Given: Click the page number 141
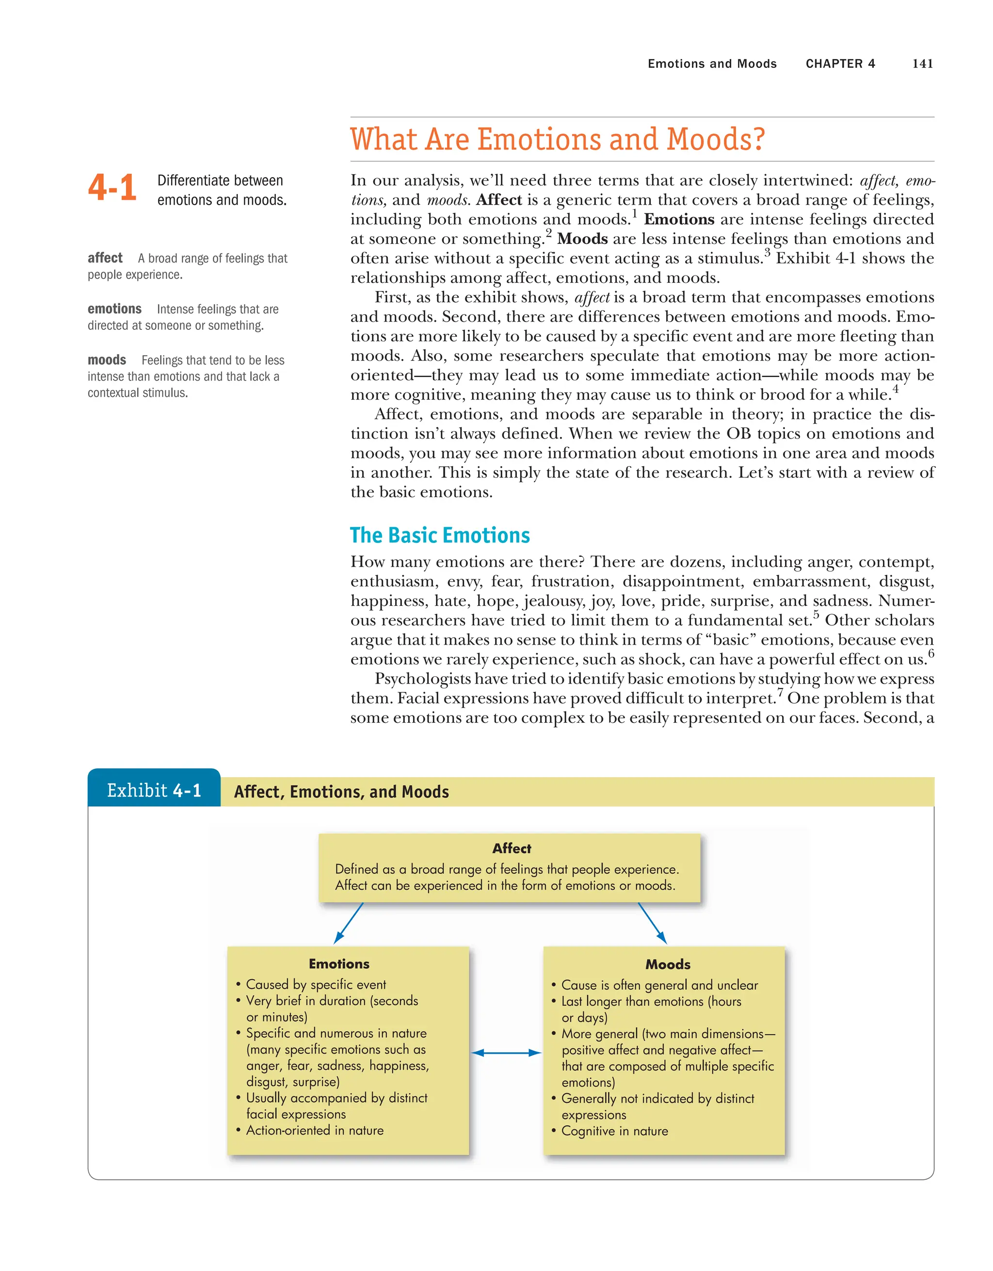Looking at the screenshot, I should (922, 64).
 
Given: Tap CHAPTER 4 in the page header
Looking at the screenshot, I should (840, 64).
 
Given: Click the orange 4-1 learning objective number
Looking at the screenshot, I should (112, 188).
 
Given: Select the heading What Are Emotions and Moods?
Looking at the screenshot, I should (557, 140).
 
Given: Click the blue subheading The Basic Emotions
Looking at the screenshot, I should (440, 536).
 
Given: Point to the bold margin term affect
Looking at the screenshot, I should (105, 258).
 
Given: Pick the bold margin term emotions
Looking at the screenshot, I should (114, 309).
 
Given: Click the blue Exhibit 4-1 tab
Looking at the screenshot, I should (154, 790).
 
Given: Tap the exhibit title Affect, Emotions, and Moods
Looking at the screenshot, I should (341, 792).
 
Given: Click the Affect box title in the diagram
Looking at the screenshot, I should (512, 848).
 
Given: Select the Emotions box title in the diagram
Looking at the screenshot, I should (338, 964).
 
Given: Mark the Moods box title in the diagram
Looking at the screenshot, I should (667, 964).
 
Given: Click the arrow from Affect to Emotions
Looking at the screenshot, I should (349, 923).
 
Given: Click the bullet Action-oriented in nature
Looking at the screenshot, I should (314, 1130).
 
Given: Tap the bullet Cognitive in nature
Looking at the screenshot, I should (614, 1131).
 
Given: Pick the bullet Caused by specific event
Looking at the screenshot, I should (315, 984).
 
